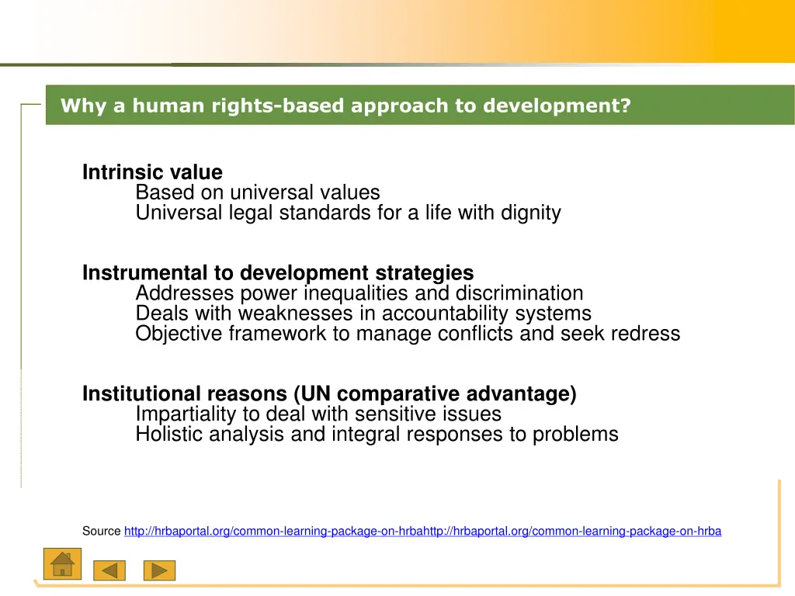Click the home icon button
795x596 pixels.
pos(62,564)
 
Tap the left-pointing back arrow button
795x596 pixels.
pos(109,570)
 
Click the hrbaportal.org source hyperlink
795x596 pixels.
pos(422,532)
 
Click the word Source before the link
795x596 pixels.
pos(101,532)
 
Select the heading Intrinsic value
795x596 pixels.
pos(152,172)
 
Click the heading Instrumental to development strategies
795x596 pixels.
pos(278,273)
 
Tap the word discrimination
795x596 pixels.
pos(519,293)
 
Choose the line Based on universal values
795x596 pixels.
pos(258,192)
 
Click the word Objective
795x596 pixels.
pos(178,334)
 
